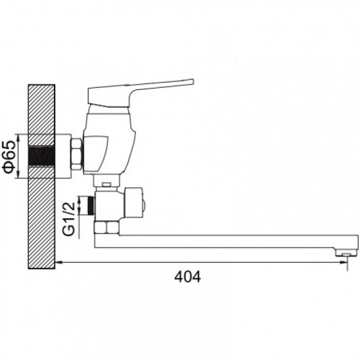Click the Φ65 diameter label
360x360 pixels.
(x=9, y=156)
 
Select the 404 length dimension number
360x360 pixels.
(x=187, y=277)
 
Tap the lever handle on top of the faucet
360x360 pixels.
(x=140, y=92)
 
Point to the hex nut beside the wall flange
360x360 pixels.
(x=77, y=155)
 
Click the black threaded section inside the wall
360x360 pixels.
(x=42, y=156)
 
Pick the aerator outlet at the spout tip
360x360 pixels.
(x=346, y=254)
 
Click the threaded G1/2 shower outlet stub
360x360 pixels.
(x=92, y=205)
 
